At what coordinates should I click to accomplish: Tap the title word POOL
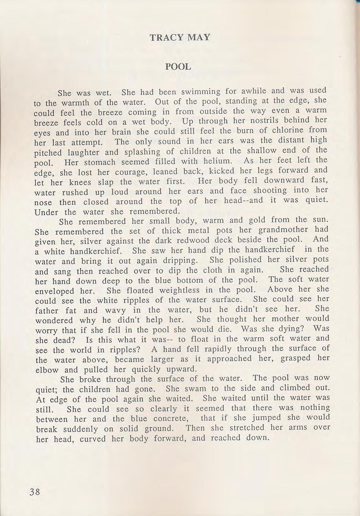click(x=178, y=67)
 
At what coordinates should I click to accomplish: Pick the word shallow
click(x=262, y=150)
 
